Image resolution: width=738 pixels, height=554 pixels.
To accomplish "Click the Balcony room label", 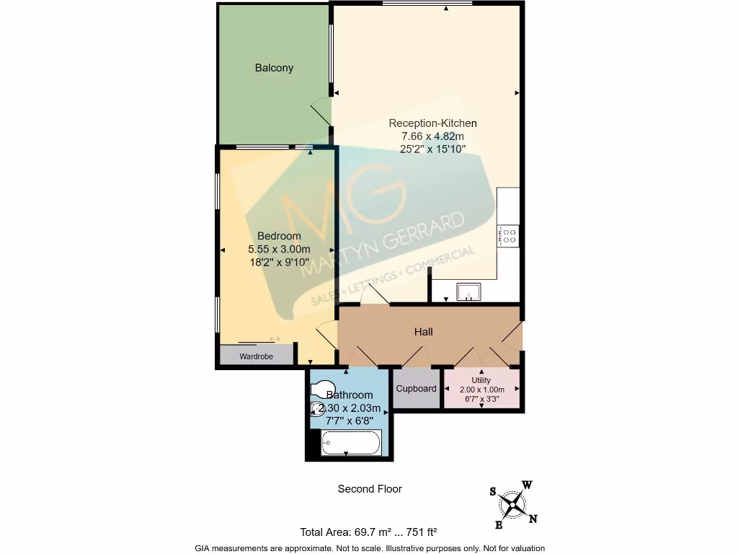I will pos(274,68).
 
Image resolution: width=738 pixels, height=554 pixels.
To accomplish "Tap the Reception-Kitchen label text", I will pos(432,123).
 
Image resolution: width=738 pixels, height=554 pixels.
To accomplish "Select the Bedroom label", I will pos(279,236).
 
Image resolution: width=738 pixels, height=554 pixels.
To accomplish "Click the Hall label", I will pos(423,332).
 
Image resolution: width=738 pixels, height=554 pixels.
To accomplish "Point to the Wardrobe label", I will pos(256,356).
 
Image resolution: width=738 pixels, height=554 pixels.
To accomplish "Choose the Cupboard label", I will pos(417,389).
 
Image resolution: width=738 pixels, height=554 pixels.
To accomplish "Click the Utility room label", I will pos(481,380).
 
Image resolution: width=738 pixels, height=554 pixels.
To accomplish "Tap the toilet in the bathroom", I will pos(322,389).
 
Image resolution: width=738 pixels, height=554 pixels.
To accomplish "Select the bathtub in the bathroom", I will pos(350,441).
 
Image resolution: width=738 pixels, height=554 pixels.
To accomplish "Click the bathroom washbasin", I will pos(317,410).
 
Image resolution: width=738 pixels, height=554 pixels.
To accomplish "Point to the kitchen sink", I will pos(468,292).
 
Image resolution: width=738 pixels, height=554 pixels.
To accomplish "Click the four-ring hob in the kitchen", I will pos(509,234).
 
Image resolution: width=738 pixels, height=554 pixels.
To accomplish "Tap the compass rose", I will pos(512,503).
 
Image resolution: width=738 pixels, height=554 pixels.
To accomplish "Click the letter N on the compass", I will pos(533,518).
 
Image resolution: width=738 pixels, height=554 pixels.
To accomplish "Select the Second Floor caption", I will pos(370,489).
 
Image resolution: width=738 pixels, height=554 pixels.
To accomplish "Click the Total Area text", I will pos(368,532).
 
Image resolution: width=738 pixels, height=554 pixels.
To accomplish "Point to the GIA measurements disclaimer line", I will pos(369,548).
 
